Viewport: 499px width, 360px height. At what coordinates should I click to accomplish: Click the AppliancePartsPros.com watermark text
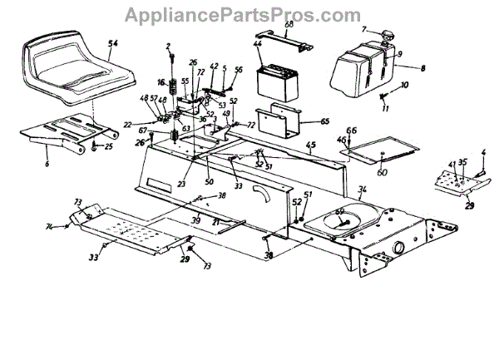[x=249, y=14]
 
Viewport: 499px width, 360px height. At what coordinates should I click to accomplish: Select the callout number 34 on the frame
[x=362, y=192]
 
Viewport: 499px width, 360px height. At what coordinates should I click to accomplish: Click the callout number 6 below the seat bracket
[x=47, y=164]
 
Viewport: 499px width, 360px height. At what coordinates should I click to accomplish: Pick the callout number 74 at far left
[x=48, y=226]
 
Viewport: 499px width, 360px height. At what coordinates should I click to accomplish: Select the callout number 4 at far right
[x=483, y=152]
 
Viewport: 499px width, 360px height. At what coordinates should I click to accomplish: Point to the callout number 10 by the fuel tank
[x=405, y=86]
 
